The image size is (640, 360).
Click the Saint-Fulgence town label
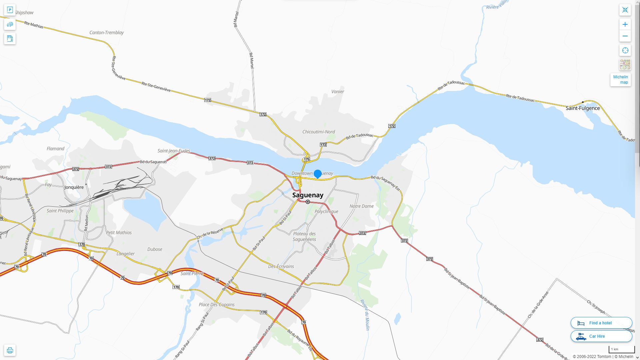click(x=582, y=108)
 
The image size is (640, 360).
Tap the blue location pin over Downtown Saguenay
click(x=318, y=174)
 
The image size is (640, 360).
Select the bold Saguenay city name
click(x=308, y=195)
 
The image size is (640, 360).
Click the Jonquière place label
click(x=74, y=187)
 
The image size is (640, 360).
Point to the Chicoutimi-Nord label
click(x=318, y=132)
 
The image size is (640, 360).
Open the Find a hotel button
click(x=601, y=323)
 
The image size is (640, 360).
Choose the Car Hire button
click(x=601, y=336)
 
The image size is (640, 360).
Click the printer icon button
click(x=10, y=350)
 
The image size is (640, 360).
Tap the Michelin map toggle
click(x=620, y=80)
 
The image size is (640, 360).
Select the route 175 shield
click(x=306, y=159)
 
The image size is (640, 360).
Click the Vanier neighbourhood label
click(x=338, y=91)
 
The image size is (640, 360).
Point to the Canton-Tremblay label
click(x=106, y=32)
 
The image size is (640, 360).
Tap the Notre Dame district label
click(x=361, y=206)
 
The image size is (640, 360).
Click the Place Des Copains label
click(x=217, y=304)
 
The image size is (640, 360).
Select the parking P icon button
click(x=10, y=10)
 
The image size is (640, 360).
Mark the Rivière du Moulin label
click(x=365, y=315)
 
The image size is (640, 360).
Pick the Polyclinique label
click(x=326, y=211)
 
